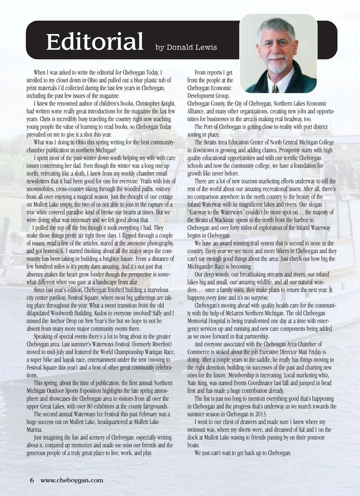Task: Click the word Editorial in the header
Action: (x=94, y=41)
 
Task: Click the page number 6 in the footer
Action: (x=32, y=480)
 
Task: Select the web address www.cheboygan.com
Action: (x=72, y=480)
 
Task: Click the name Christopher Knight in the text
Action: (x=155, y=103)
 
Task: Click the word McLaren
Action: (x=234, y=313)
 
